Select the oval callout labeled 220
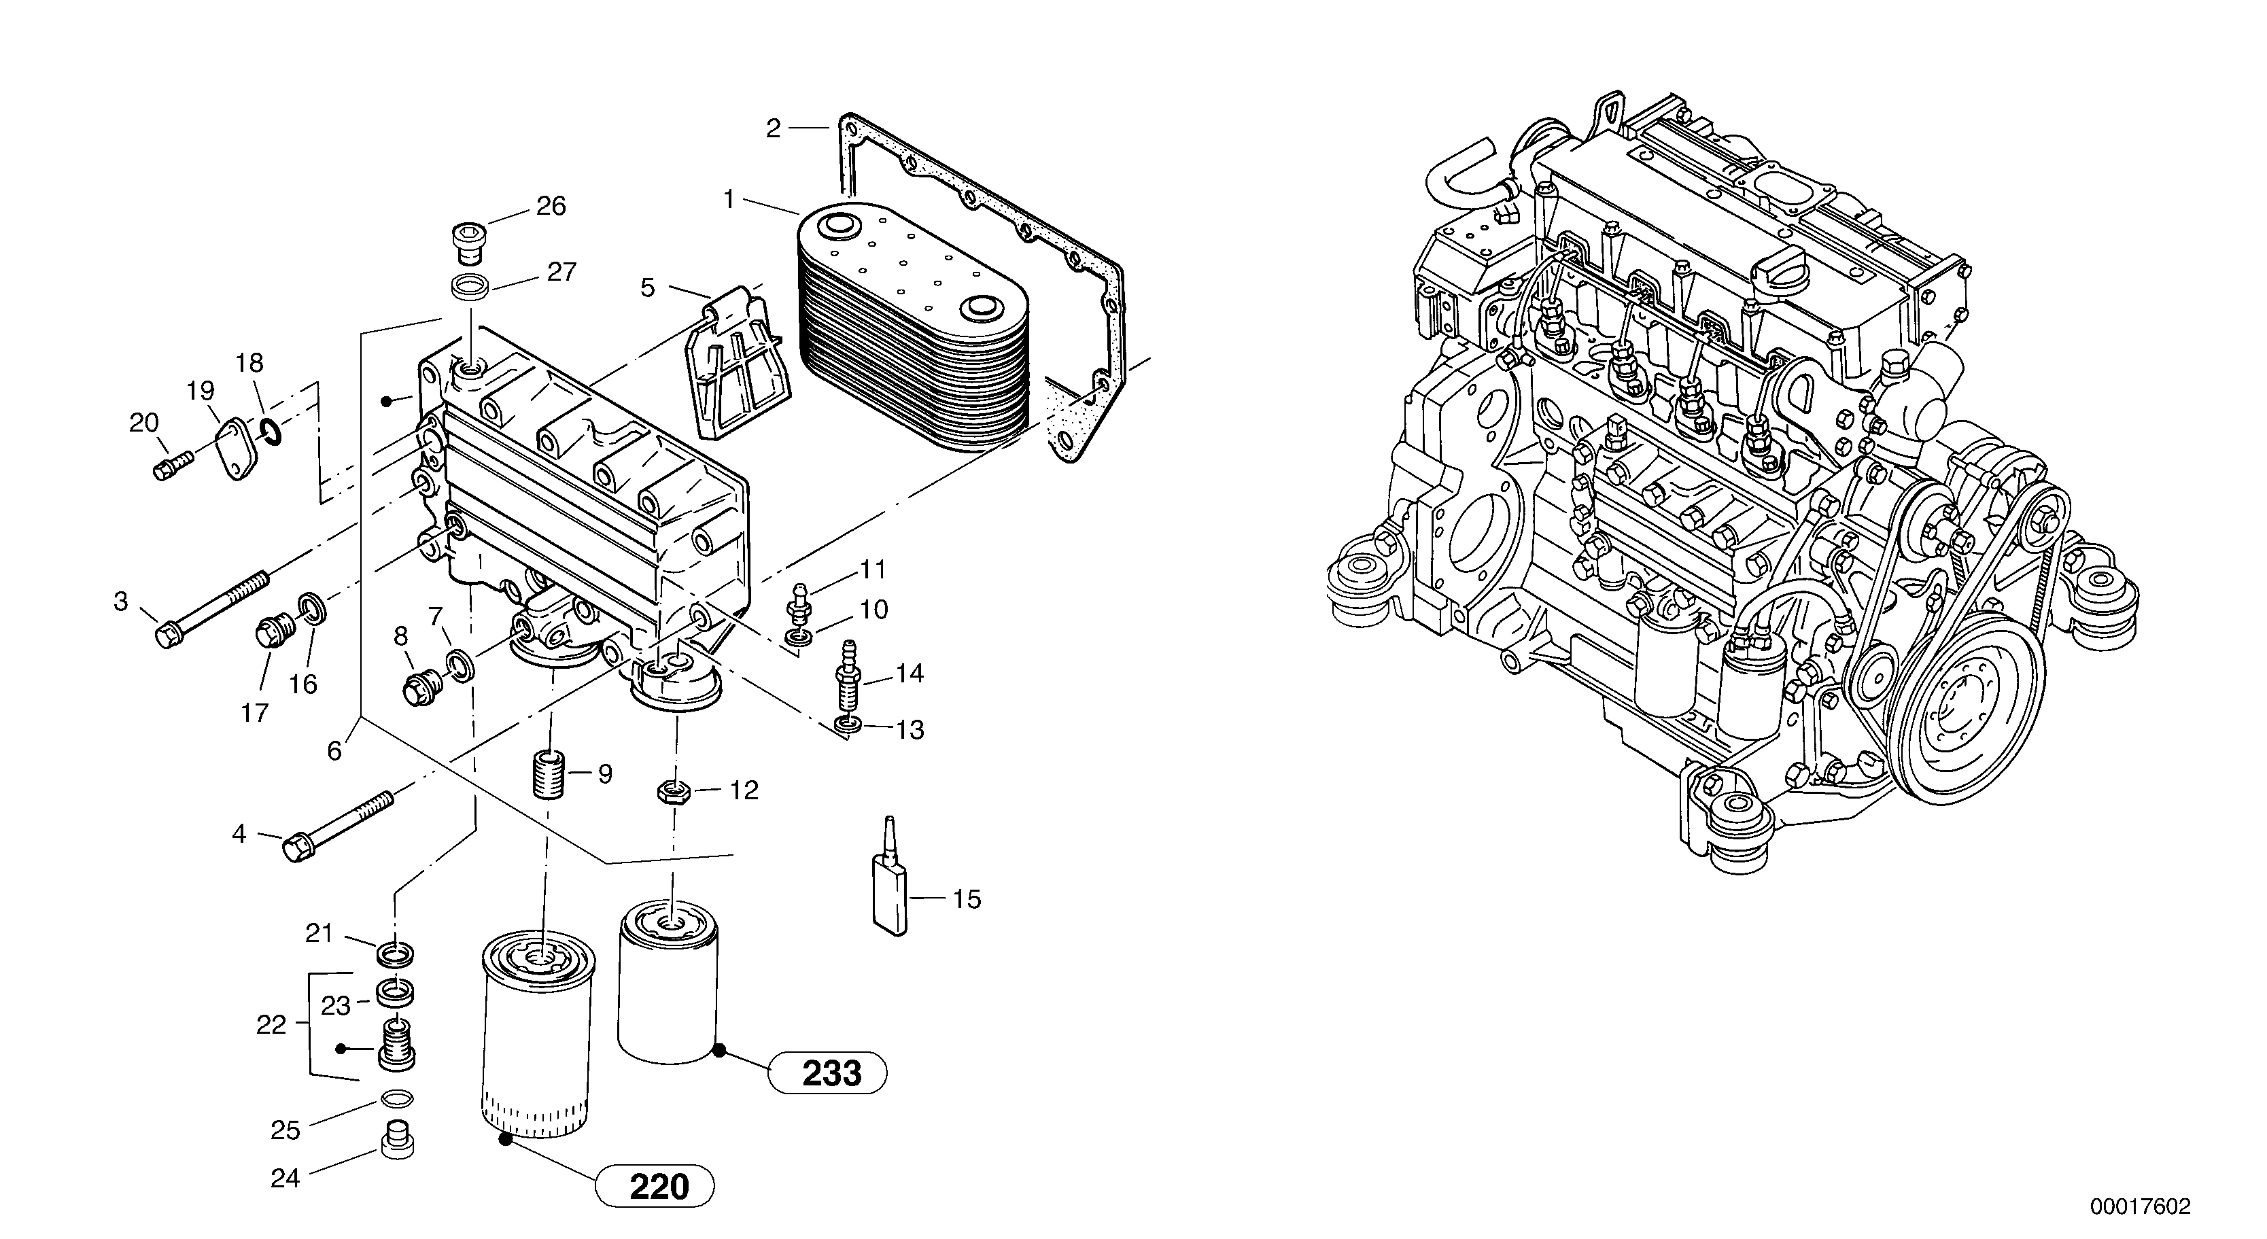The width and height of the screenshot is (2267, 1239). pos(656,1187)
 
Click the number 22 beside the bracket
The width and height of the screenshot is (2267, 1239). pos(271,1024)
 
